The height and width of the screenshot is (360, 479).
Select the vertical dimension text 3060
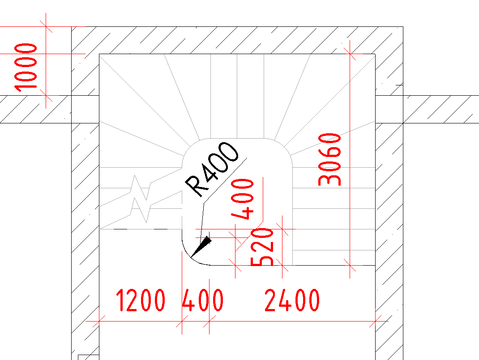[x=329, y=159]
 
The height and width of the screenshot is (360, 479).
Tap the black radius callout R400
[x=212, y=169]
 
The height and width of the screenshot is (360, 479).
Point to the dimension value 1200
[x=141, y=301]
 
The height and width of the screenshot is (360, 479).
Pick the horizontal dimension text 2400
[x=292, y=301]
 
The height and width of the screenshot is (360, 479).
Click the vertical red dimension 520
[x=262, y=247]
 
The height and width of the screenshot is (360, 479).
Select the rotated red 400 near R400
[x=243, y=199]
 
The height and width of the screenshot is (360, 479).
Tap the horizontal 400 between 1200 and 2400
[x=203, y=301]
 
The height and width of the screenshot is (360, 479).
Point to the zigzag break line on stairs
[x=141, y=198]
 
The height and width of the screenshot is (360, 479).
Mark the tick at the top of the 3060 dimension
[x=350, y=54]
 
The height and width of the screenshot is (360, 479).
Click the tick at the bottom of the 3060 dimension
[x=350, y=266]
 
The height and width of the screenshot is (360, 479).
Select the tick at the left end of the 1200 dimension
[x=99, y=321]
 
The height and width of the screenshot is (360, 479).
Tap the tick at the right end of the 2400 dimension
[x=376, y=321]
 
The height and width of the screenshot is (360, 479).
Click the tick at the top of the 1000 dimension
[x=46, y=27]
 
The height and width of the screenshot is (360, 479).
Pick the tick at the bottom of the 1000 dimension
[x=46, y=96]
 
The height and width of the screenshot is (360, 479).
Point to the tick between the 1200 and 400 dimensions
[x=182, y=321]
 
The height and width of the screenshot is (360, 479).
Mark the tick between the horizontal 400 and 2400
[x=209, y=321]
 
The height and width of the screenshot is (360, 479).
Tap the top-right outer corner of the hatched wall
[x=403, y=27]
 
